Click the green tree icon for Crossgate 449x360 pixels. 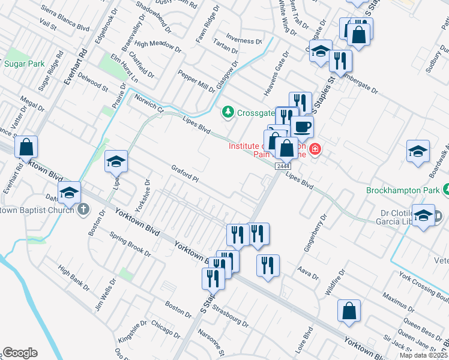point(228,112)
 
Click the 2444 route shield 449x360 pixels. point(283,166)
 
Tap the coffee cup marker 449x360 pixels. point(302,127)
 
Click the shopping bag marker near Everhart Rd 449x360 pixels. point(26,147)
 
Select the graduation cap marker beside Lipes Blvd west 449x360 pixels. point(116,161)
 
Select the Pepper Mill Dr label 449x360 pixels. point(196,81)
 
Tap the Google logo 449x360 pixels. point(20,353)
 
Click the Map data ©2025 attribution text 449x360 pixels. point(423,355)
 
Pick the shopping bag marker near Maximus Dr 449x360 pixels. point(349,311)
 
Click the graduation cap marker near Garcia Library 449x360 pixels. point(423,215)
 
